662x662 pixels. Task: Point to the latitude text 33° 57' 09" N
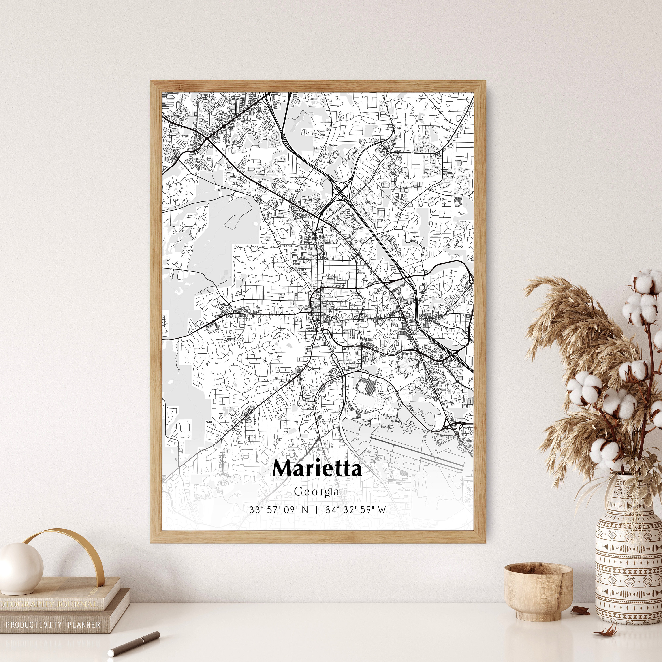click(278, 510)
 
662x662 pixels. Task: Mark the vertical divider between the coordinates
click(317, 510)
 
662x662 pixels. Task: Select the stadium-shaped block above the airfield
click(366, 391)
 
